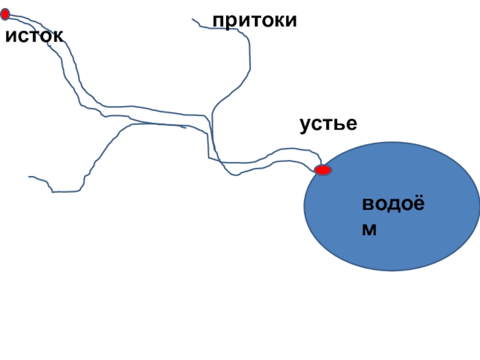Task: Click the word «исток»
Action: [x=34, y=37]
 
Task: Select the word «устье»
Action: [x=328, y=125]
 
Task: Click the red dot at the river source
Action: [x=5, y=14]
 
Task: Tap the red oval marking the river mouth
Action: [x=323, y=170]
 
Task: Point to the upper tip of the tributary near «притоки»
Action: [x=193, y=20]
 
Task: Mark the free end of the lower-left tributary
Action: [x=29, y=177]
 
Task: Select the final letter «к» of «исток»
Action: [x=58, y=37]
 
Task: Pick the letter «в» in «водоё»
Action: [x=368, y=205]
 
